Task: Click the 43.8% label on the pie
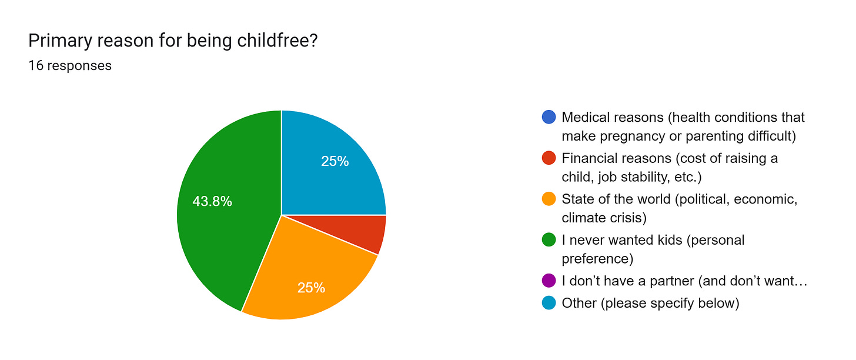[212, 202]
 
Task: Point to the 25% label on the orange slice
[311, 288]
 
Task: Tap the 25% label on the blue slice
[335, 161]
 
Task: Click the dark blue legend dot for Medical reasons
[549, 117]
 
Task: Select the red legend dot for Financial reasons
[549, 158]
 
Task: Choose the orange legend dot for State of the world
[549, 199]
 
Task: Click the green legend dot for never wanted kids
[549, 240]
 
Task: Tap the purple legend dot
[549, 281]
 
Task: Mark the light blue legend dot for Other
[549, 303]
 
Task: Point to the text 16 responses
[70, 65]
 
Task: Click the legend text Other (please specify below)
[650, 303]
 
